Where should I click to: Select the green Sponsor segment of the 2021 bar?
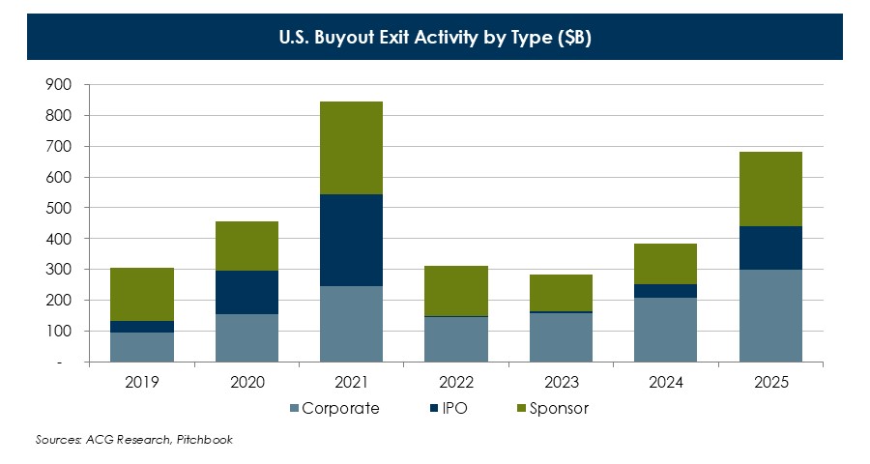point(351,148)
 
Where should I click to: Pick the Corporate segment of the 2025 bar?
point(771,315)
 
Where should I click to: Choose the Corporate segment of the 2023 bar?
point(562,337)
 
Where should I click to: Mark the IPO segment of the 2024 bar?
point(666,291)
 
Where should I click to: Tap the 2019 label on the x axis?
point(141,382)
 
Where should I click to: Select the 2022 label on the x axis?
point(456,382)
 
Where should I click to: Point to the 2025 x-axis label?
point(771,382)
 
